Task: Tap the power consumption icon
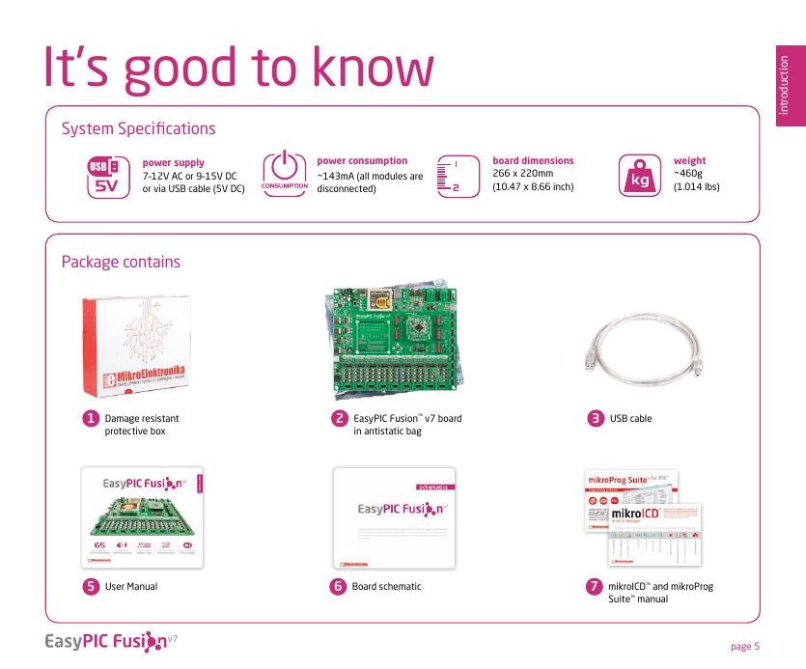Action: pyautogui.click(x=285, y=173)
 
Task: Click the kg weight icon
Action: pyautogui.click(x=638, y=176)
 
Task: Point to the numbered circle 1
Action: pyautogui.click(x=90, y=419)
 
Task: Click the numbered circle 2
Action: pyautogui.click(x=339, y=419)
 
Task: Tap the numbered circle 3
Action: pyautogui.click(x=598, y=419)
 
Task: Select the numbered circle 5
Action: pyautogui.click(x=90, y=586)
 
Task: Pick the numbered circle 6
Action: pyautogui.click(x=339, y=586)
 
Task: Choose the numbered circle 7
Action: pyautogui.click(x=597, y=586)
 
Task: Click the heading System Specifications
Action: pyautogui.click(x=138, y=128)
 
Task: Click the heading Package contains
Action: pyautogui.click(x=121, y=262)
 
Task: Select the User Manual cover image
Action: pyautogui.click(x=148, y=518)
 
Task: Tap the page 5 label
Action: pyautogui.click(x=745, y=645)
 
